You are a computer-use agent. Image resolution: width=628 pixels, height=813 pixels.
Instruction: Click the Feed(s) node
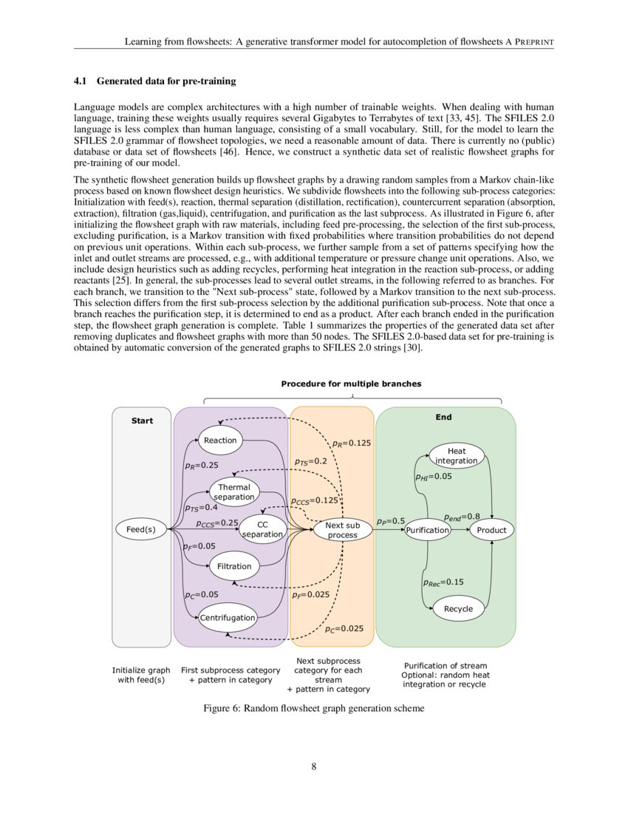(140, 529)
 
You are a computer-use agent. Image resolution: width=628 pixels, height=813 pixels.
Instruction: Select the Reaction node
(220, 440)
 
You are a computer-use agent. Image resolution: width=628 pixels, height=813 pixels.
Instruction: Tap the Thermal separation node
(234, 492)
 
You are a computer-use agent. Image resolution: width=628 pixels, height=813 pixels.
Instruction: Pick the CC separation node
(262, 529)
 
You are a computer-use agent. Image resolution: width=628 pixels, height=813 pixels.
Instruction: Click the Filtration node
(234, 567)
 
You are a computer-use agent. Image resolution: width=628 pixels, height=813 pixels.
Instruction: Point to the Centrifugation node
(228, 617)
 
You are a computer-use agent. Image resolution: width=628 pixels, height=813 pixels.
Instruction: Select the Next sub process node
(342, 530)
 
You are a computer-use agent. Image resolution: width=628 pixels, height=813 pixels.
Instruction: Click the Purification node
(428, 530)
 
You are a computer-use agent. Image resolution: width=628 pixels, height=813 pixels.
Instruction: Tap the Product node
(491, 530)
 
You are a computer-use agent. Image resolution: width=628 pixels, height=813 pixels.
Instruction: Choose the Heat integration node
(457, 456)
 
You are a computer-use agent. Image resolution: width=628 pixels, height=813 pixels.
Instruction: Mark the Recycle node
(458, 609)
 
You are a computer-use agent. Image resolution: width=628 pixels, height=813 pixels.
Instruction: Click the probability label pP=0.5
(391, 521)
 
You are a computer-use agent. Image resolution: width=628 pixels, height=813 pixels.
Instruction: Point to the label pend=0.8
(462, 516)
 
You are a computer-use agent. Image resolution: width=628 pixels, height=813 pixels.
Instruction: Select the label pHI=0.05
(433, 477)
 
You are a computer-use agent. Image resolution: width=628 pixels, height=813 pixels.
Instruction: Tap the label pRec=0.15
(443, 582)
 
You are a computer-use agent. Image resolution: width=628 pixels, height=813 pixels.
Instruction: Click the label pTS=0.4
(201, 508)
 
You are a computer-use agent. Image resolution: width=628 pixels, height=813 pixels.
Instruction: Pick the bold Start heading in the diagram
(142, 421)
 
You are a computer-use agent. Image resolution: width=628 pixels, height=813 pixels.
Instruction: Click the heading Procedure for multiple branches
(351, 384)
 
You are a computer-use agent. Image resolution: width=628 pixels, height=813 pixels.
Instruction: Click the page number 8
(314, 766)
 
